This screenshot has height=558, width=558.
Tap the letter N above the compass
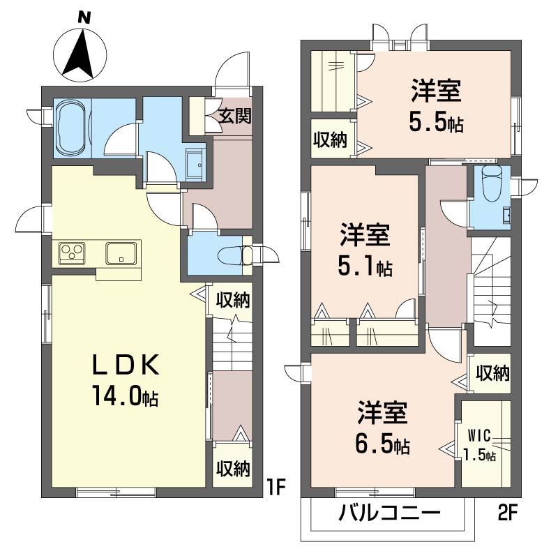click(x=84, y=17)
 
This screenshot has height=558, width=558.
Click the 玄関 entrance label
click(x=234, y=116)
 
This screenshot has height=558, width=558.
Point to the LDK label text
click(x=126, y=365)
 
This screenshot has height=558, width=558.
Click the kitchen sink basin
click(x=121, y=253)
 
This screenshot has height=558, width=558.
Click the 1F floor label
click(x=276, y=488)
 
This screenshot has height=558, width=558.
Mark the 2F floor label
click(x=506, y=513)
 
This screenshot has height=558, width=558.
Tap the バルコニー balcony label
click(x=389, y=513)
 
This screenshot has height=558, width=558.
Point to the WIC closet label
click(x=479, y=435)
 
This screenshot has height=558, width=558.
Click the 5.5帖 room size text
click(x=436, y=123)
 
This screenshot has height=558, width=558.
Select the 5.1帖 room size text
click(x=365, y=267)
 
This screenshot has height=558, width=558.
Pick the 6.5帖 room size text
click(x=382, y=444)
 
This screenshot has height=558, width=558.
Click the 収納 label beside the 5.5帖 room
click(x=330, y=139)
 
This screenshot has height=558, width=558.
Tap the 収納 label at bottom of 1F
click(x=234, y=468)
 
